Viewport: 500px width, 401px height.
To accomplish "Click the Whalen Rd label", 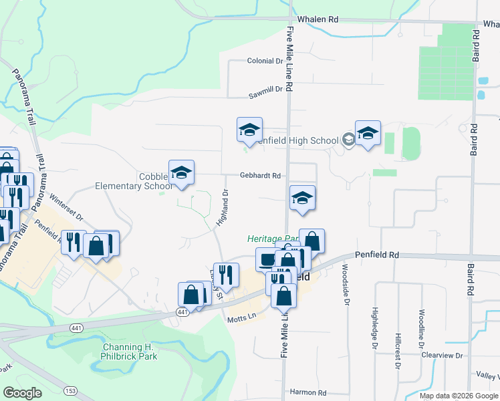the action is click(x=318, y=20).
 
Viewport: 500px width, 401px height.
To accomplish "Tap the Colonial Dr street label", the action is click(x=265, y=61).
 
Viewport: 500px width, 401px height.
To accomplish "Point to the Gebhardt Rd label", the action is click(x=260, y=176).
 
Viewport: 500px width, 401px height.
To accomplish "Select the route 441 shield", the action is click(x=182, y=312).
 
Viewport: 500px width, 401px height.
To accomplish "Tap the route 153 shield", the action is click(x=70, y=390).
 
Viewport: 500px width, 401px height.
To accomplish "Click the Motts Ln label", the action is click(x=243, y=316).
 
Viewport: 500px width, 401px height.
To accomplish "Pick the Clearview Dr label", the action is click(x=442, y=356).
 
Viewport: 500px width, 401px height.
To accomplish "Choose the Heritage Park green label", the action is click(x=273, y=239).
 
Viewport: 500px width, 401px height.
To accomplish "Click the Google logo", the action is click(x=22, y=393).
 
